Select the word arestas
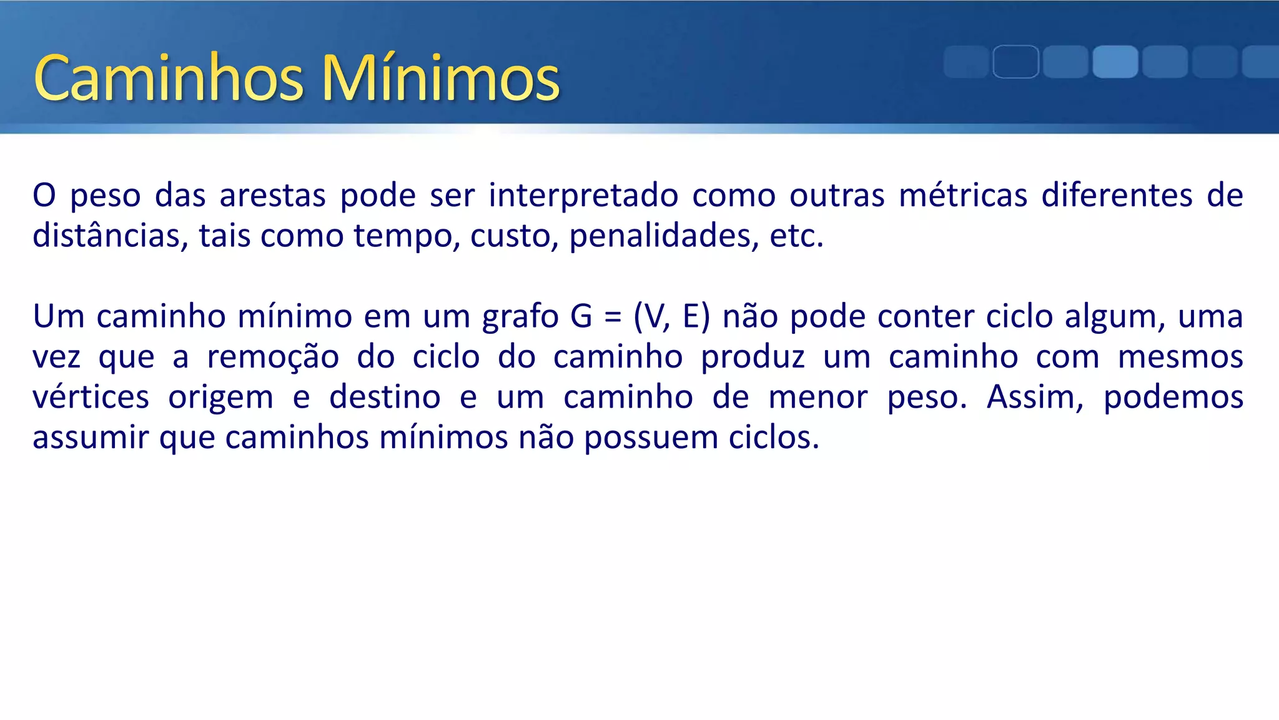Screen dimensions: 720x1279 pyautogui.click(x=272, y=195)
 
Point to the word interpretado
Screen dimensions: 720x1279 pyautogui.click(x=583, y=195)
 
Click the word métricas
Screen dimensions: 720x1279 pyautogui.click(x=963, y=195)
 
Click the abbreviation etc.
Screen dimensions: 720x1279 pyautogui.click(x=796, y=236)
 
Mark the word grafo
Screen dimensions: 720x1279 pyautogui.click(x=520, y=316)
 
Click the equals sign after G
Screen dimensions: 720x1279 pyautogui.click(x=613, y=317)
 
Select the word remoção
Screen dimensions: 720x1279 pyautogui.click(x=273, y=357)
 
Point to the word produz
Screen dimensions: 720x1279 pyautogui.click(x=753, y=357)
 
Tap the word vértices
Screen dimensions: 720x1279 pyautogui.click(x=91, y=397)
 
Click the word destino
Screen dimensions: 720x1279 pyautogui.click(x=385, y=397)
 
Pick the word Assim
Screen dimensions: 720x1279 pyautogui.click(x=1035, y=397)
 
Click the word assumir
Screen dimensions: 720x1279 pyautogui.click(x=90, y=438)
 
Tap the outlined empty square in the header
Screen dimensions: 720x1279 pyautogui.click(x=1015, y=62)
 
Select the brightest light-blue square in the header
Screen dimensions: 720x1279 pyautogui.click(x=1115, y=62)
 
